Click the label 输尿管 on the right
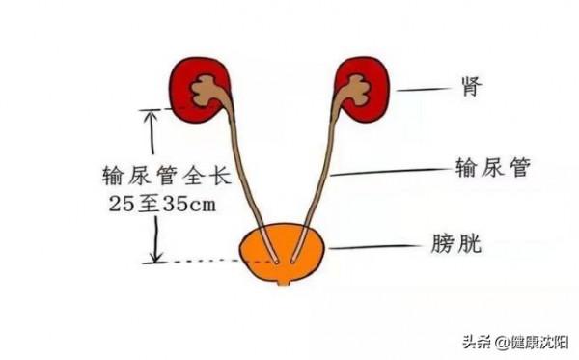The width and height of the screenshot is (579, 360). point(493,168)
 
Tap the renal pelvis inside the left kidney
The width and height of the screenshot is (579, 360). point(206,92)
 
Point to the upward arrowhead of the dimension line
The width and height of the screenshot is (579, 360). point(151,117)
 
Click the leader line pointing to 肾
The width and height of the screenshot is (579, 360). point(425,91)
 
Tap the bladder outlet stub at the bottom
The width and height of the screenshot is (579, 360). point(283,282)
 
